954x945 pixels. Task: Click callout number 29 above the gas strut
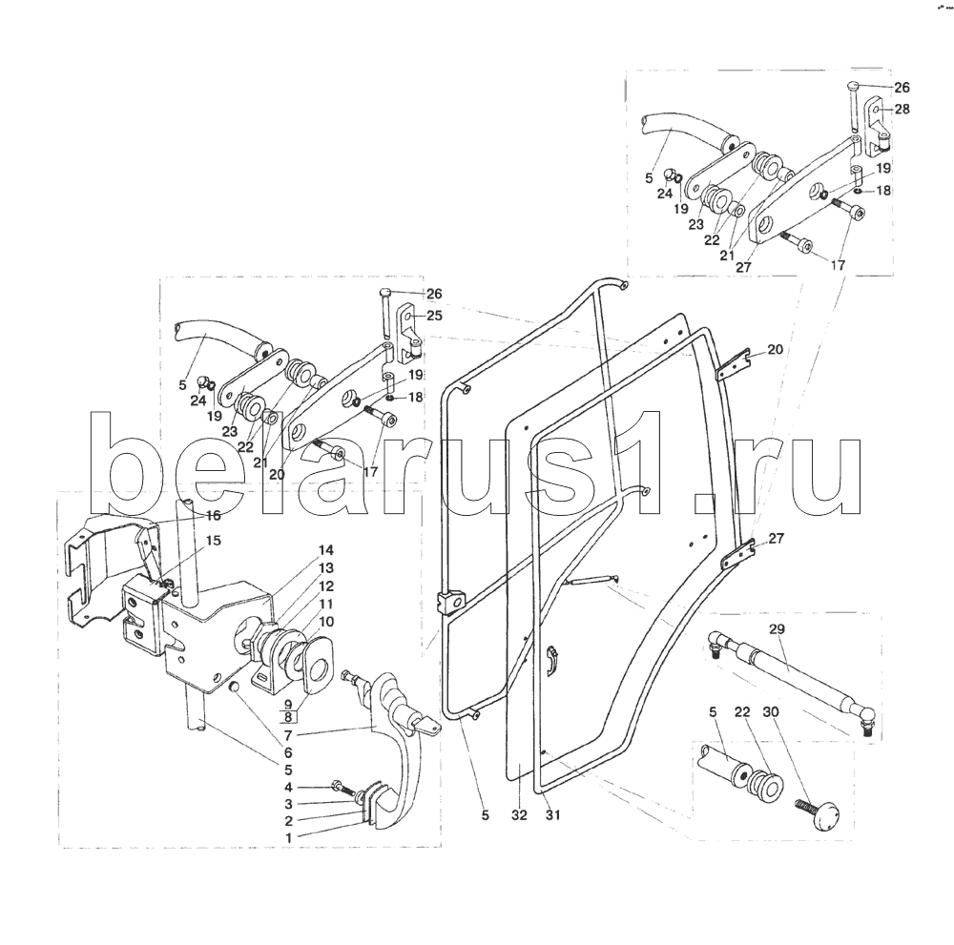(x=776, y=630)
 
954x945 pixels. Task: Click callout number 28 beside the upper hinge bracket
(x=902, y=110)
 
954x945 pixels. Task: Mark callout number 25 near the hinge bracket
(x=433, y=315)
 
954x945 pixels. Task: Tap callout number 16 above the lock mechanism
(x=213, y=515)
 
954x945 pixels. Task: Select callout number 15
(x=213, y=540)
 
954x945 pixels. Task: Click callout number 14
(x=326, y=550)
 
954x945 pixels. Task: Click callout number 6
(x=287, y=752)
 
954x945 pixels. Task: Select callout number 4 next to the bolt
(x=287, y=787)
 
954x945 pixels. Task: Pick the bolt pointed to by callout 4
(x=340, y=787)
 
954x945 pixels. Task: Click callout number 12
(x=326, y=585)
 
